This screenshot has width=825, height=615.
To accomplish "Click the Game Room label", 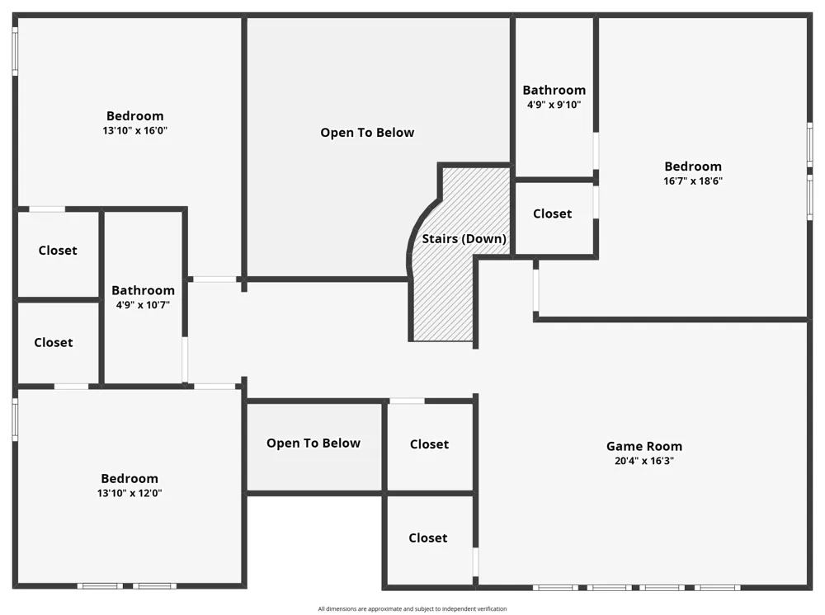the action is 644,446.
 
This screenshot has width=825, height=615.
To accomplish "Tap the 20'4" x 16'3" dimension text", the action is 644,461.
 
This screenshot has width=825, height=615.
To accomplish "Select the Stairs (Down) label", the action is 464,238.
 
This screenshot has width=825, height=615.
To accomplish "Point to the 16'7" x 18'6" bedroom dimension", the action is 693,181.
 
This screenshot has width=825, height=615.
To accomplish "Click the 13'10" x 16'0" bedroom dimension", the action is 134,130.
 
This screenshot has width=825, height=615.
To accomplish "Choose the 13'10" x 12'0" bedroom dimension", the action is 130,493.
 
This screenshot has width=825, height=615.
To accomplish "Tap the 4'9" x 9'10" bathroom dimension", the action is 554,105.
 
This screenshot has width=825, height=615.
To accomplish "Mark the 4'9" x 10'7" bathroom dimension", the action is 143,305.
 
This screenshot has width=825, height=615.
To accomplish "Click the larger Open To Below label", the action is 367,133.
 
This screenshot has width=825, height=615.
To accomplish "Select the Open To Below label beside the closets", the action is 313,444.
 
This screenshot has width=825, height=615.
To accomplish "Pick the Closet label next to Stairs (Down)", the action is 553,214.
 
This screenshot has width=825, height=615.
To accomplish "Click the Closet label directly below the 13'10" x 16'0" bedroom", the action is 58,251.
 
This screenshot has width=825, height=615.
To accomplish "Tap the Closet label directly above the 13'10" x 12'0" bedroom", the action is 54,342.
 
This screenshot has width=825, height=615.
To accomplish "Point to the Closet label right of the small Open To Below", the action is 429,444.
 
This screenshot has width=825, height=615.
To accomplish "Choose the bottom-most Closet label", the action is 428,538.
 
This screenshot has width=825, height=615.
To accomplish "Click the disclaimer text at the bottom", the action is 412,608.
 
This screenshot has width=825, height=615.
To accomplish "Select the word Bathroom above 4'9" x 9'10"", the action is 554,90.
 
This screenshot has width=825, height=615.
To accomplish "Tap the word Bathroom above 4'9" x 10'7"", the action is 143,290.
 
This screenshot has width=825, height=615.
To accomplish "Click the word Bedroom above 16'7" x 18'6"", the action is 693,166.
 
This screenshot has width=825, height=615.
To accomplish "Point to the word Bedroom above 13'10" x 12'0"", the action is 130,478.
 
